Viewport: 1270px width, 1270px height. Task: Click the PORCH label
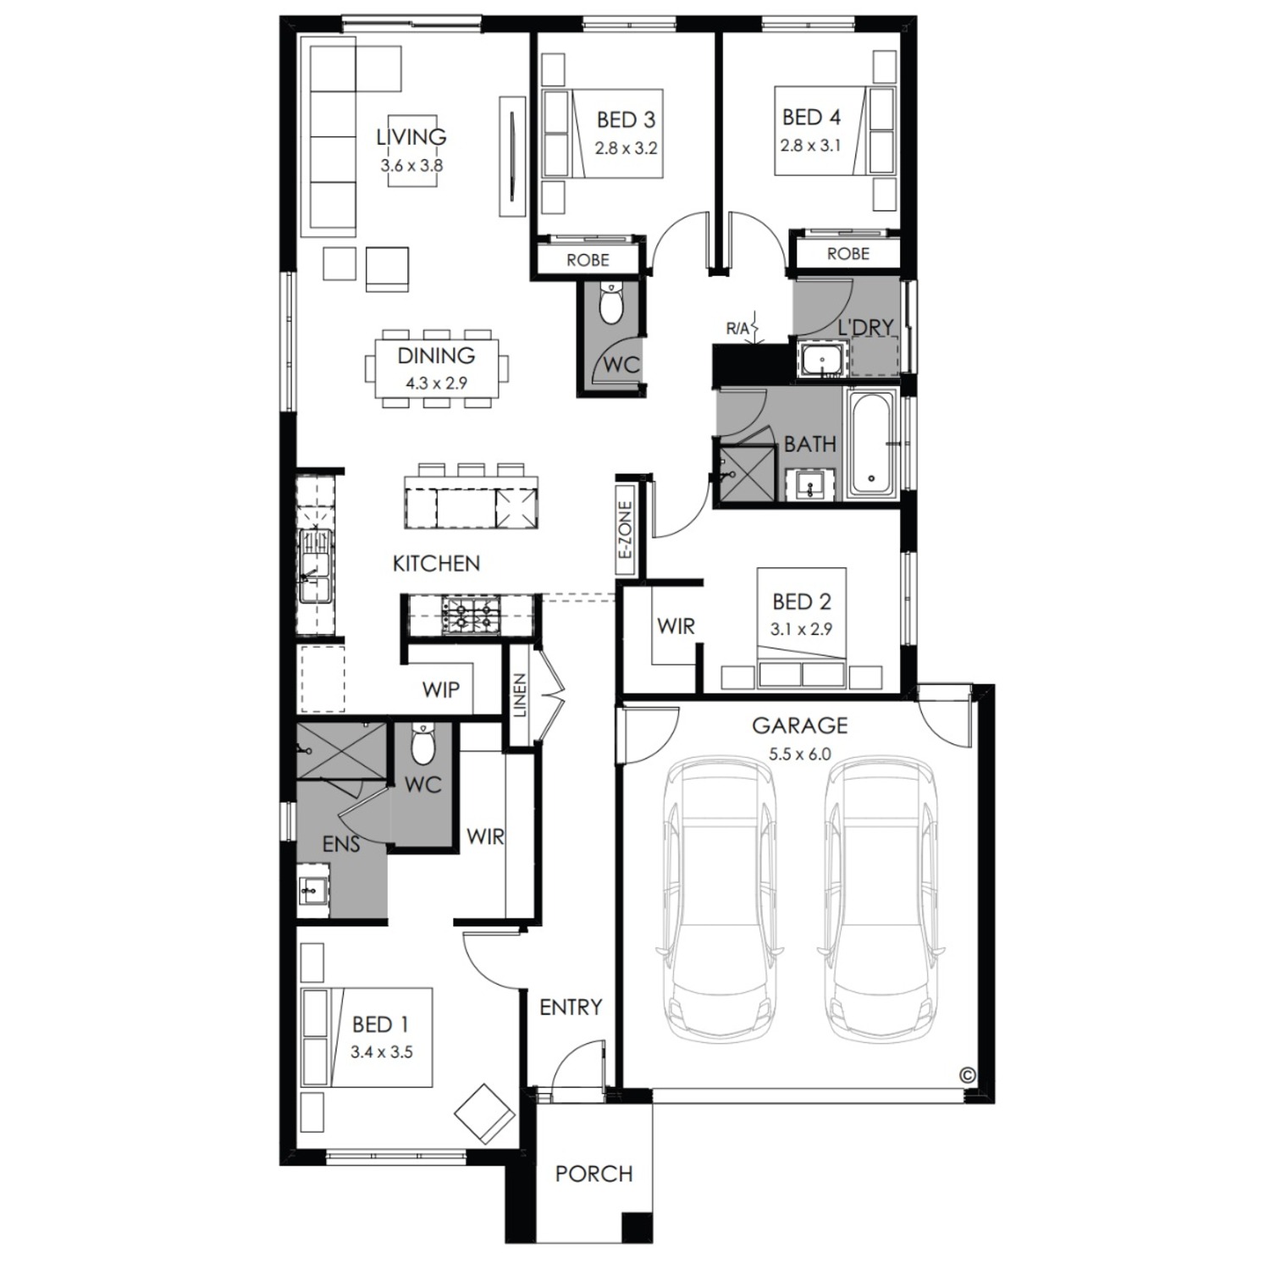594,1173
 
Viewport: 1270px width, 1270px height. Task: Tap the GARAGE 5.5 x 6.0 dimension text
800,754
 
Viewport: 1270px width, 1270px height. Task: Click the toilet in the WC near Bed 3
610,303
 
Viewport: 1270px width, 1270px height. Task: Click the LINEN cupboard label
520,695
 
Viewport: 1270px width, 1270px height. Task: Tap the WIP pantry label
440,689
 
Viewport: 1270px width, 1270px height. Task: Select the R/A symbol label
737,328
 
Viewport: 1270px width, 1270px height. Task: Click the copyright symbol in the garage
967,1074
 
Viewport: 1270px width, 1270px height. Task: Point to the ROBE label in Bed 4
848,253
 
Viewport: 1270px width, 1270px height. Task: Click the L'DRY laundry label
865,327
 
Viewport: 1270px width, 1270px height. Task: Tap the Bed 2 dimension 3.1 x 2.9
801,629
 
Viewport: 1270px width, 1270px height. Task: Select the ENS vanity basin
314,890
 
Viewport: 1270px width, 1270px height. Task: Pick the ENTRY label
571,1007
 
